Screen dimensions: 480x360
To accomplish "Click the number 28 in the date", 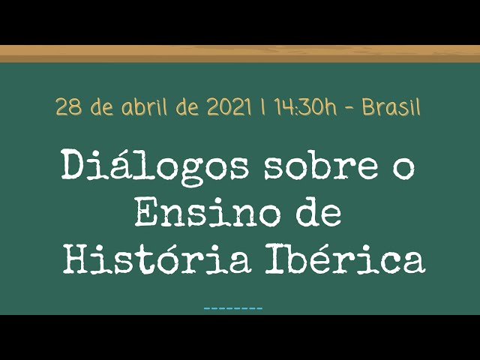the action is (x=69, y=107).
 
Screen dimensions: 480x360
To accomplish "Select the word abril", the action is (x=145, y=106).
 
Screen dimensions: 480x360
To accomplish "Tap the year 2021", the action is (x=229, y=107).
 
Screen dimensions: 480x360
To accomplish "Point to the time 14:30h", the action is (x=305, y=107).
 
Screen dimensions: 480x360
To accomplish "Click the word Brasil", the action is (x=391, y=106).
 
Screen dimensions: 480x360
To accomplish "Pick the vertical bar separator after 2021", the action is (x=262, y=106).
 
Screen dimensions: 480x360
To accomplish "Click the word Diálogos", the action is (x=154, y=166).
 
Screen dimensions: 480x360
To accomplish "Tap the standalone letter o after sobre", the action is (x=404, y=169).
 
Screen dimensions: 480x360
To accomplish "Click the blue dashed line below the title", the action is (x=233, y=308).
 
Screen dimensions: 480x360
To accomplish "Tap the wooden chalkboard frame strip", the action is (x=240, y=54).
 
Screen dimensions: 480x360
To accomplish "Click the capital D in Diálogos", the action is (x=75, y=166).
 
